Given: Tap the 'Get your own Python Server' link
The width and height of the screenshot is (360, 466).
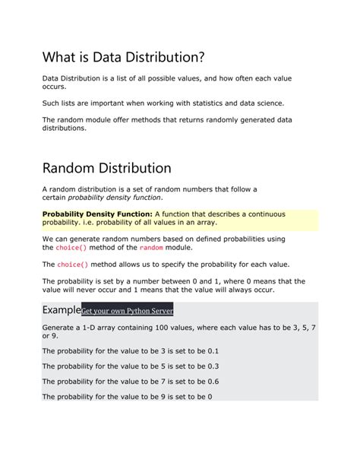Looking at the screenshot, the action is coord(127,311).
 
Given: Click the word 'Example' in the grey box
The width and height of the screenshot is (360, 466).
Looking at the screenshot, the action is coord(61,310).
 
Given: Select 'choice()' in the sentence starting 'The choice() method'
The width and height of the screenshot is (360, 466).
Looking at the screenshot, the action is coord(73,265).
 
